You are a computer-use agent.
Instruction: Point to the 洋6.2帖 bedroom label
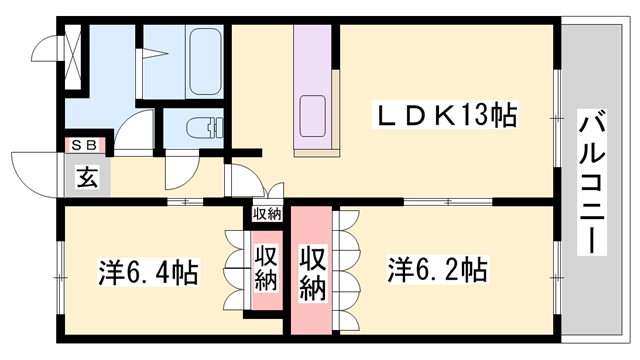437,270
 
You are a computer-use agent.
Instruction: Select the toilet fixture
203,127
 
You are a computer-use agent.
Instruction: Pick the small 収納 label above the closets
267,213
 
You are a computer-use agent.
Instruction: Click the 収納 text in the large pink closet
314,271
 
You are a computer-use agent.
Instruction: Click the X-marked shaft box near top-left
72,49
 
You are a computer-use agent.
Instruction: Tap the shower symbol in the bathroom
155,50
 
